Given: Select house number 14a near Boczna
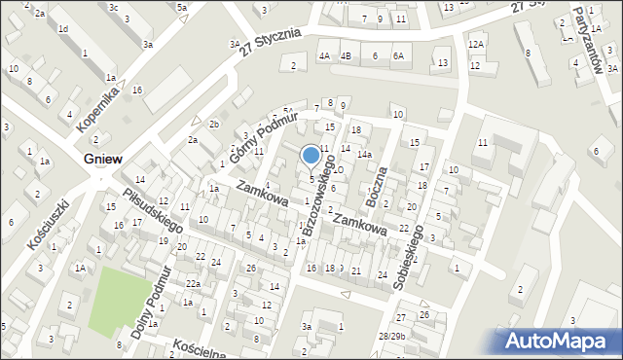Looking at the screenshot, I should click(363, 155).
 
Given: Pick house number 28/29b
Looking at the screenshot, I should click(391, 336).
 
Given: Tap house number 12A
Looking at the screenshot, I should click(475, 45).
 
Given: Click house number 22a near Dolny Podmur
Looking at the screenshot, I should click(194, 283).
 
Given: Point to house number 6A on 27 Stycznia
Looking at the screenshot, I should click(398, 55).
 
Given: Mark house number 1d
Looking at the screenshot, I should click(63, 29).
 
